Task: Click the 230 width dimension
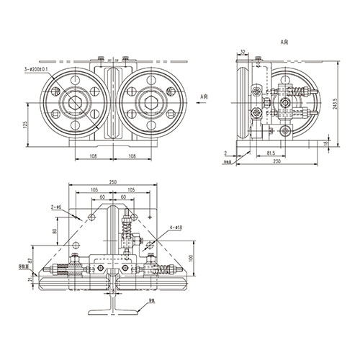point(276,162)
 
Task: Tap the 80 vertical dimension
point(55,232)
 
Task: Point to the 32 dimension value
point(243,52)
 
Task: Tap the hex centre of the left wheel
point(75,102)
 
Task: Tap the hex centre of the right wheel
point(152,102)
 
